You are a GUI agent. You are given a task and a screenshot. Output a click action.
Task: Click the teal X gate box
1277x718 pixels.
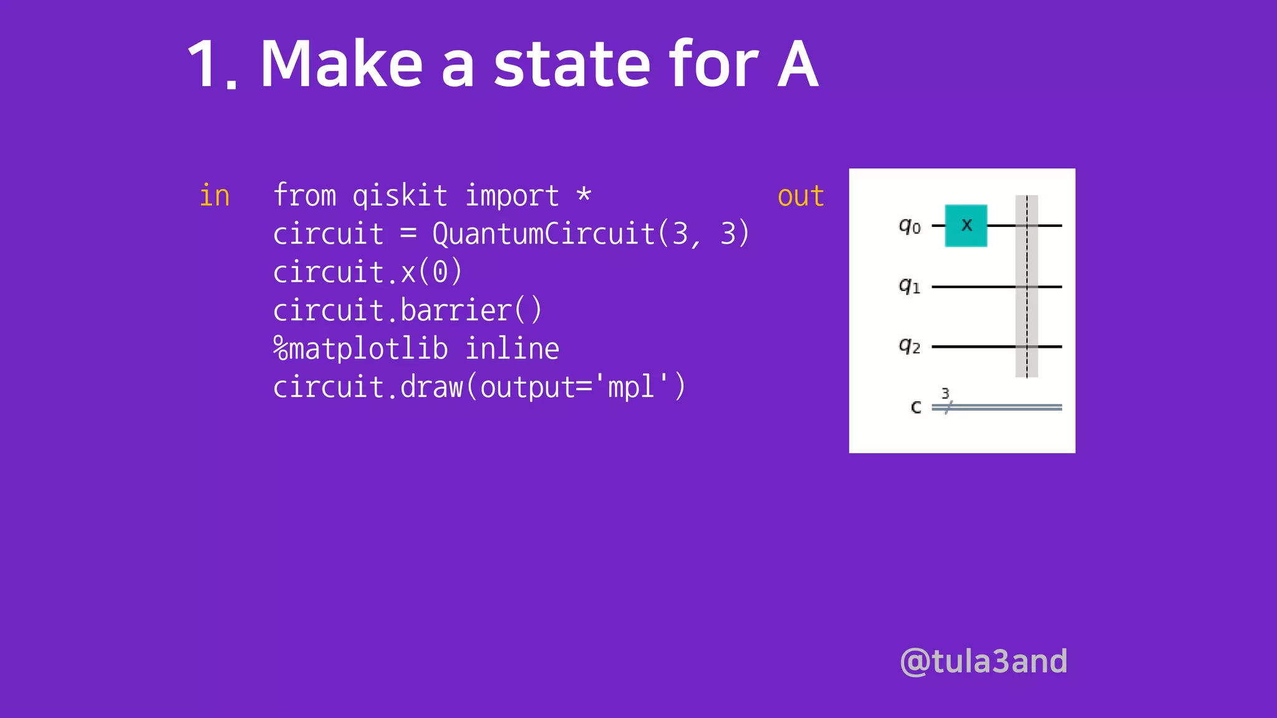(x=966, y=226)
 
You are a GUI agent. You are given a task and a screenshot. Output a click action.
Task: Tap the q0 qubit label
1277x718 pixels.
(x=910, y=226)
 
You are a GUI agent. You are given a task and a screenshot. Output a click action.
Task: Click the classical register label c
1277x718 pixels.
(x=915, y=408)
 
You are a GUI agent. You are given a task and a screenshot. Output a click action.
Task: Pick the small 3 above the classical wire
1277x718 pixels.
(x=945, y=393)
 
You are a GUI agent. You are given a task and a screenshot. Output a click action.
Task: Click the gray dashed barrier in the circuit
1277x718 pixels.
(x=1026, y=286)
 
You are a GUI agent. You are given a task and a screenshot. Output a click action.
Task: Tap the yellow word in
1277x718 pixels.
(x=214, y=196)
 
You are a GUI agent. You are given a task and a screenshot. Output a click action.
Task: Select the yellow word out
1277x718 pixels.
(x=801, y=196)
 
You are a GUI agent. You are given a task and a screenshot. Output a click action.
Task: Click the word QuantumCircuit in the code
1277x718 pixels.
(x=543, y=234)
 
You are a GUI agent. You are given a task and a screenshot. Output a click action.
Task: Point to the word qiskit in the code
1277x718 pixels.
(x=400, y=196)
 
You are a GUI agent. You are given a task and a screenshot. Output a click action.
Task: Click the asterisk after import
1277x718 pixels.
(x=584, y=194)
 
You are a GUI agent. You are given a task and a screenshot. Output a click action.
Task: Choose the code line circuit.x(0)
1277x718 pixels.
(x=367, y=272)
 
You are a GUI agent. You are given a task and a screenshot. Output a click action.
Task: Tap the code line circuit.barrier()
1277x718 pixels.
(x=407, y=310)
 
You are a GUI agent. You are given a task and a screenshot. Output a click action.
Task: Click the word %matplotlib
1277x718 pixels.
(x=360, y=348)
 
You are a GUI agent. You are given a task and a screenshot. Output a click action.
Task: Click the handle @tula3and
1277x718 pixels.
(x=983, y=661)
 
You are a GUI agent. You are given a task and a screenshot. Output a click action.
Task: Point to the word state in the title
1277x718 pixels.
(x=572, y=64)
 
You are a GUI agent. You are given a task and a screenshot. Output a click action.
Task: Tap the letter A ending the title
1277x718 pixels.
(x=798, y=64)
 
